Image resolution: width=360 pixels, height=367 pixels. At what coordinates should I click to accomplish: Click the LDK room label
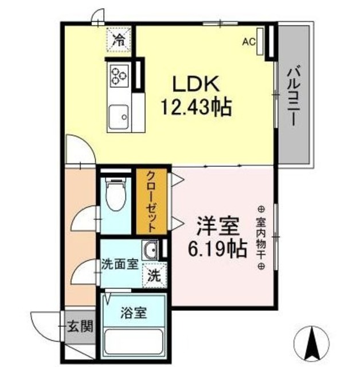(197, 84)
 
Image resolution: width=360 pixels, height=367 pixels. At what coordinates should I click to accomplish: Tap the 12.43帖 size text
(197, 107)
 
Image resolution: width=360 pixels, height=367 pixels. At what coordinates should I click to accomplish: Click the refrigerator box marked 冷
(119, 40)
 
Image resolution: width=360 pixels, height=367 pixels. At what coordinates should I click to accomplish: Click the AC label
(248, 41)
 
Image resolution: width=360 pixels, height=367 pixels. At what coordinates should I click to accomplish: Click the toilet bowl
(117, 197)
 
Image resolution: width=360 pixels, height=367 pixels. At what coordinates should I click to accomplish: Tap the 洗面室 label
(119, 265)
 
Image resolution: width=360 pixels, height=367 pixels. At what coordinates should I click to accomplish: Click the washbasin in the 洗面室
(151, 250)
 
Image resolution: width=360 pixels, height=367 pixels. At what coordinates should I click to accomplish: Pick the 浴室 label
(134, 313)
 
